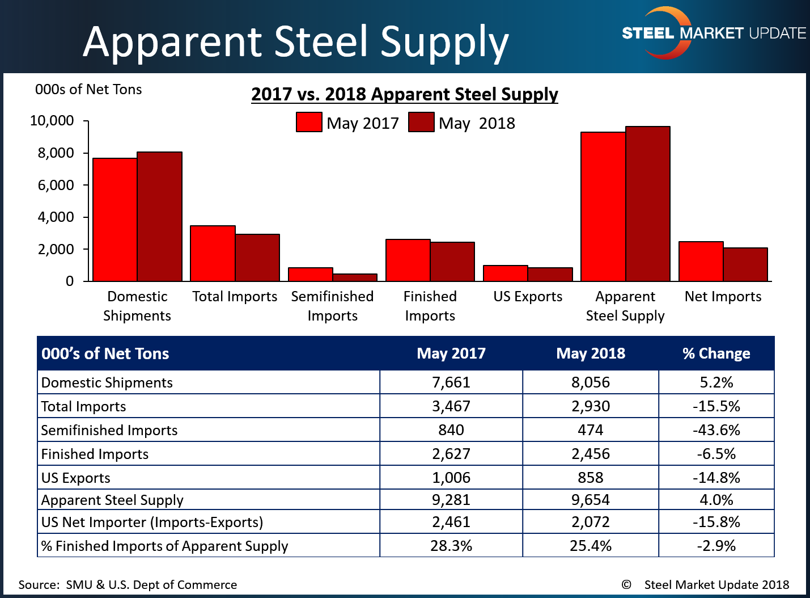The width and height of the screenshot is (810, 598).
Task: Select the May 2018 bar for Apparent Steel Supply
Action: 648,204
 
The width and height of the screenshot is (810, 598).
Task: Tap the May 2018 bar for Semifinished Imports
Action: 355,277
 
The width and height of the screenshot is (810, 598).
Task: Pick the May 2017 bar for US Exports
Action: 506,273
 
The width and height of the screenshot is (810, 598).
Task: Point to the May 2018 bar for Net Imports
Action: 745,264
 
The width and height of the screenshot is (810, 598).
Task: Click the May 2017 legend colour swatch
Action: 309,123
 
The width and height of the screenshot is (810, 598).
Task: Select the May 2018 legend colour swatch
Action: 421,123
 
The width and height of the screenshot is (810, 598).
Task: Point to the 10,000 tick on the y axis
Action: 52,121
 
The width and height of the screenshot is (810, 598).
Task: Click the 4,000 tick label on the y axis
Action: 56,217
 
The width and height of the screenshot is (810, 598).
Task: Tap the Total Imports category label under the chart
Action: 235,297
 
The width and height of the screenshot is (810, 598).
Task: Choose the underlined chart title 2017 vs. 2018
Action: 404,94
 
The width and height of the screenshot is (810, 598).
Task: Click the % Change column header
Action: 716,353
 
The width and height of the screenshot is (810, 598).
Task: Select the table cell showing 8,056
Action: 590,382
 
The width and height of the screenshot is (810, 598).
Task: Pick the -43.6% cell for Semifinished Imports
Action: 716,430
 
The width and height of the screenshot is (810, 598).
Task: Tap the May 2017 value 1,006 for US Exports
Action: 451,478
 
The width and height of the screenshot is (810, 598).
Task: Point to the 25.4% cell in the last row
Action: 590,546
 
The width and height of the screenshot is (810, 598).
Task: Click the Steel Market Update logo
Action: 713,33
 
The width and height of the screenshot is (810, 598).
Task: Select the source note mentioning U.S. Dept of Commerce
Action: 128,585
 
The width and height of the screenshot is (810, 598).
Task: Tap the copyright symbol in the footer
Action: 626,585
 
